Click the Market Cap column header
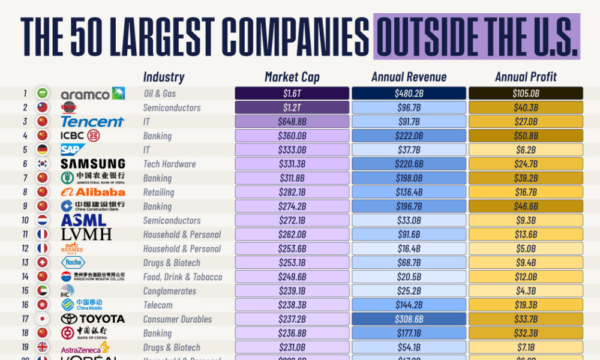292,77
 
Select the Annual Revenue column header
409,77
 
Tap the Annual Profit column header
526,77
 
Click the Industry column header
163,77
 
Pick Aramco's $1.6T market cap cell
292,94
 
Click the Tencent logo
92,122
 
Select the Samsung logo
92,164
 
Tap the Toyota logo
92,319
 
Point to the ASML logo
84,220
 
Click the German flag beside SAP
43,150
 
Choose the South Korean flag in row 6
43,164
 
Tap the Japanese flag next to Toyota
43,319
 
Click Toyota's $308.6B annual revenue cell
409,319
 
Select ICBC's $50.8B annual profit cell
526,136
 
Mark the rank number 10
25,220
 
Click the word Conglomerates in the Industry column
169,291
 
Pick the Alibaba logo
92,192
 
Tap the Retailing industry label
158,192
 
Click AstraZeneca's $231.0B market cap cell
292,347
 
